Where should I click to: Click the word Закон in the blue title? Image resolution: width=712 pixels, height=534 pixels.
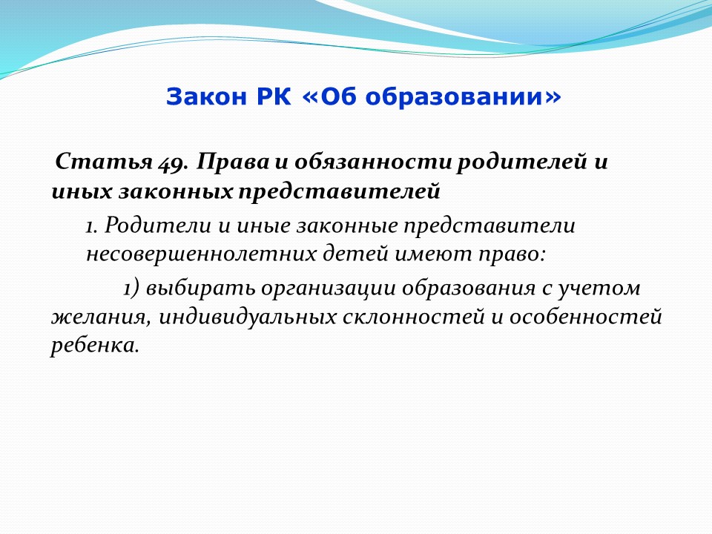tap(205, 96)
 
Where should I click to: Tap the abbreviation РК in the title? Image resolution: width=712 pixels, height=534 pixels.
tap(274, 96)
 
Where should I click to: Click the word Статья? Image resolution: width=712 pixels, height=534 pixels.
tap(104, 162)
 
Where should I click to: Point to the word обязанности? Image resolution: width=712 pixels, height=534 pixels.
tap(372, 162)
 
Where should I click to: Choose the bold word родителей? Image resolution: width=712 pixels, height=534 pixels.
tap(521, 162)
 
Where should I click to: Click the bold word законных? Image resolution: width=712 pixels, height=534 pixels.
tap(177, 191)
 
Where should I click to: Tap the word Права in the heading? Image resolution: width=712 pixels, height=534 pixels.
tap(232, 162)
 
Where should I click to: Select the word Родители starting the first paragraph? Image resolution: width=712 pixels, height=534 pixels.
tap(157, 225)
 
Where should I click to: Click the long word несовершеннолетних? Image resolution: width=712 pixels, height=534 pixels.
tap(202, 254)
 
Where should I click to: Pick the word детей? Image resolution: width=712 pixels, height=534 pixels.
tap(356, 254)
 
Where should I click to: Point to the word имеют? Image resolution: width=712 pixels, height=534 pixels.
tap(434, 254)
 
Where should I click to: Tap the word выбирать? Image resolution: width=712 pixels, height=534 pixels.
tap(201, 289)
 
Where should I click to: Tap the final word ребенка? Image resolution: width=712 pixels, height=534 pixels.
tap(93, 346)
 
